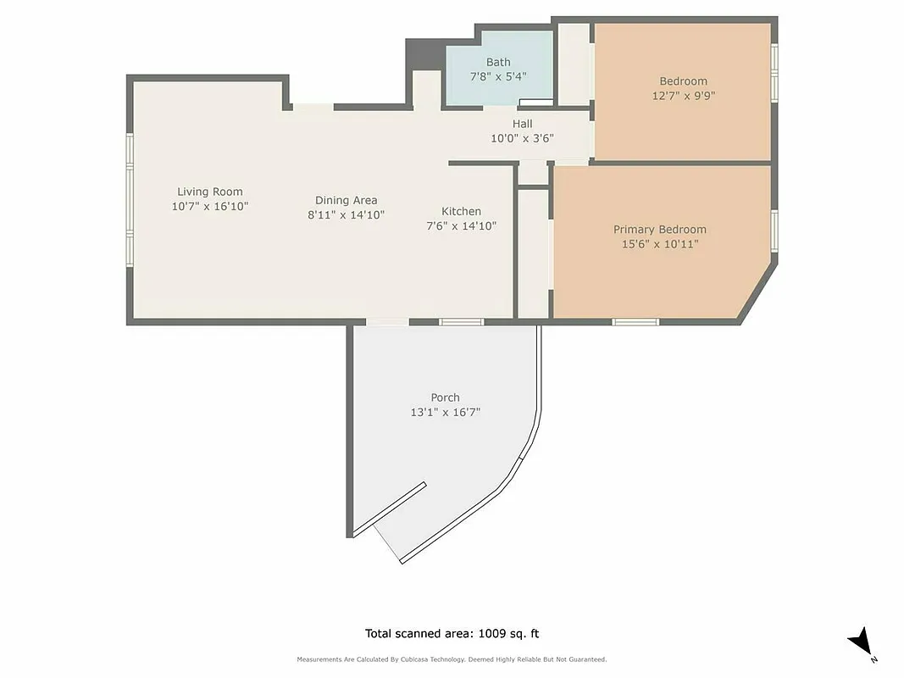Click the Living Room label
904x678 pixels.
click(209, 192)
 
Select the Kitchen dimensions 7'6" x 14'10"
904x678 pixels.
click(461, 226)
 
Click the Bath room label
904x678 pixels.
click(498, 62)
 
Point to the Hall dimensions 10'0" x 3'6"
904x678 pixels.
click(522, 138)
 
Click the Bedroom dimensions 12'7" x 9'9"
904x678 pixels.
click(683, 96)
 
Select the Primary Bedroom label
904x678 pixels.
click(659, 230)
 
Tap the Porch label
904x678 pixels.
click(445, 397)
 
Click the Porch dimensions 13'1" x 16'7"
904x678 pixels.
click(445, 413)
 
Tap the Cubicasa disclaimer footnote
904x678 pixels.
click(452, 659)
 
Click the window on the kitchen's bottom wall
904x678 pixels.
click(461, 322)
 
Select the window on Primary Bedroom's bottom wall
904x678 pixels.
click(635, 322)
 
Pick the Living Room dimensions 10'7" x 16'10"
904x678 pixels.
click(209, 206)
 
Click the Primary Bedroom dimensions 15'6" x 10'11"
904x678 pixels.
click(659, 245)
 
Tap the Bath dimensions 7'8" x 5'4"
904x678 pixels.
click(498, 76)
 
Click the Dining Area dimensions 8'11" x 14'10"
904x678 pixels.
click(346, 215)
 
